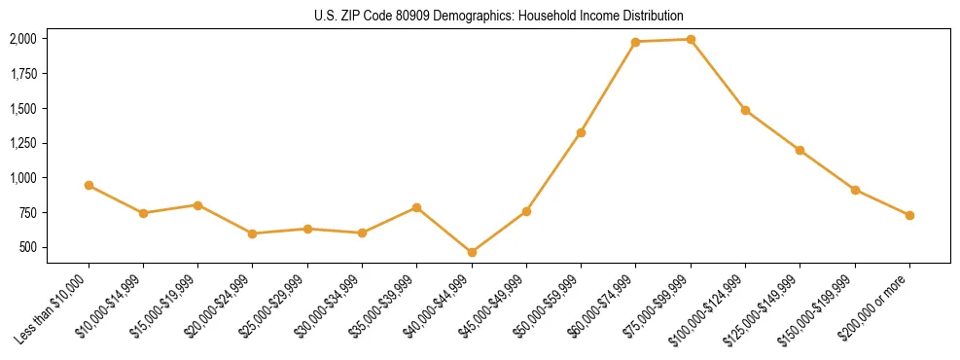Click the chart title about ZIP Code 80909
pos(499,16)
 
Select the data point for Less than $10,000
pos(89,185)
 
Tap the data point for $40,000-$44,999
pos(472,252)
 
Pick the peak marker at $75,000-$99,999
pos(691,40)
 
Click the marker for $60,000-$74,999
pos(635,42)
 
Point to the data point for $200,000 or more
pos(909,215)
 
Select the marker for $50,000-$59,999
pos(581,132)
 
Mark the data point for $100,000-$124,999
pos(745,110)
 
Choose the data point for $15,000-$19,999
pos(197,205)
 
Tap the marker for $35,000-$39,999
pos(416,207)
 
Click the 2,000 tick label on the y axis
pos(22,39)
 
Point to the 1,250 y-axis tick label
pos(22,143)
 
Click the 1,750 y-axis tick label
pos(22,74)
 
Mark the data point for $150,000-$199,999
pos(855,190)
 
